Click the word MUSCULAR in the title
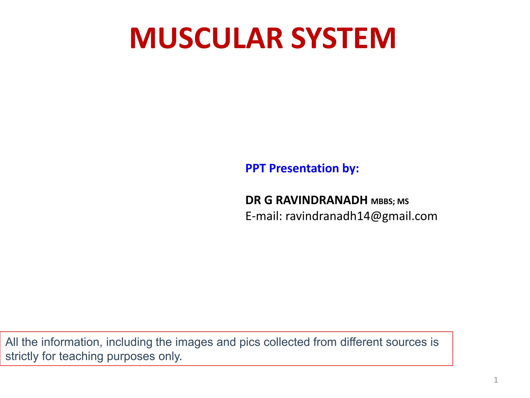(x=206, y=39)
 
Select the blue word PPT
(x=255, y=168)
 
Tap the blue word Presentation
(x=304, y=168)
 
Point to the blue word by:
(x=350, y=168)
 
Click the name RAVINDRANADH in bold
(x=321, y=200)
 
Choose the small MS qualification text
(x=403, y=202)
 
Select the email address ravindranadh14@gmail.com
(x=361, y=216)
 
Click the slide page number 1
(x=496, y=380)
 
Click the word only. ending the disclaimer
(x=170, y=357)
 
